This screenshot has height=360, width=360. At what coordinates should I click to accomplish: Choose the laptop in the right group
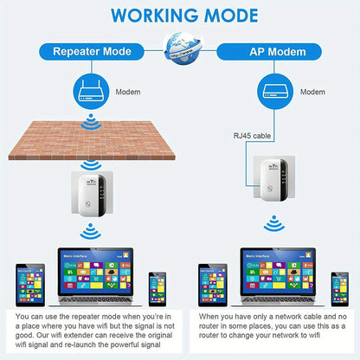[x=273, y=280]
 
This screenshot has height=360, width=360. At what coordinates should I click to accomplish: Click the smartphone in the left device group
[x=157, y=289]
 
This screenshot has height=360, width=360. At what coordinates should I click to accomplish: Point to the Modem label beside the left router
[x=128, y=91]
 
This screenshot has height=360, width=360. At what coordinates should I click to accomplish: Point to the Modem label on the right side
[x=312, y=91]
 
